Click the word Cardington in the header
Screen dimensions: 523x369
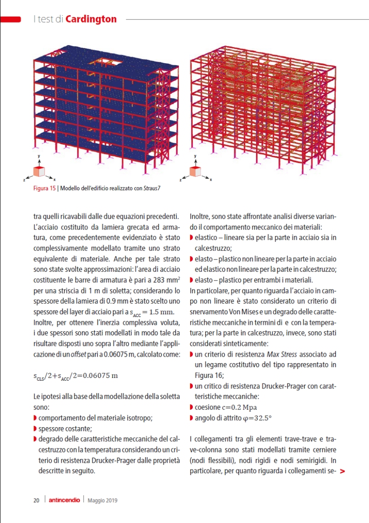click(x=91, y=19)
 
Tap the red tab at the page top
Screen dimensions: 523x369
click(x=10, y=19)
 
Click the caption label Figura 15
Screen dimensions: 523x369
click(x=45, y=188)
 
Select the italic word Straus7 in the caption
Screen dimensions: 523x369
click(x=152, y=188)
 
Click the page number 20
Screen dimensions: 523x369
click(x=36, y=500)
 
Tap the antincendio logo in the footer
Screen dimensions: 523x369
click(x=65, y=500)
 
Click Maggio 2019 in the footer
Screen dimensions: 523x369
click(x=102, y=500)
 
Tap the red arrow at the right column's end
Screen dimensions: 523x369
click(x=342, y=471)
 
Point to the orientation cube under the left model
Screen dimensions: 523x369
click(x=39, y=171)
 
